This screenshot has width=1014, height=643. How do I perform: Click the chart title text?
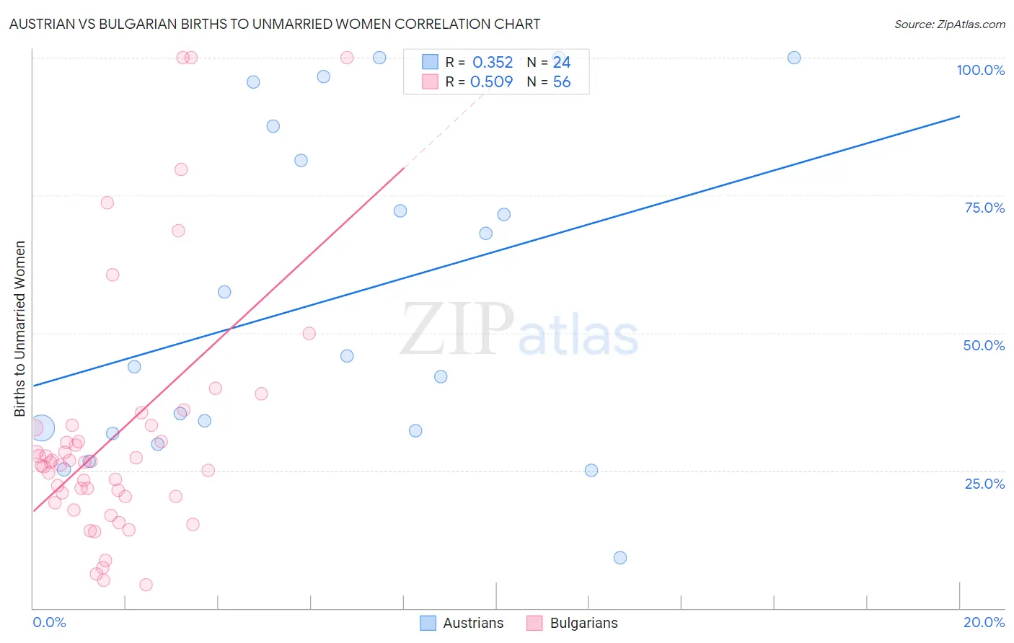click(x=275, y=24)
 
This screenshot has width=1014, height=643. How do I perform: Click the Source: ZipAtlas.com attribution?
click(x=949, y=25)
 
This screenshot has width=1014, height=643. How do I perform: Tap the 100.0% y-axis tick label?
click(x=980, y=70)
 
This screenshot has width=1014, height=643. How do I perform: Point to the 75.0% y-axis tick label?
click(x=984, y=208)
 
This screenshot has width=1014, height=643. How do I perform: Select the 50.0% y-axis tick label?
click(x=984, y=345)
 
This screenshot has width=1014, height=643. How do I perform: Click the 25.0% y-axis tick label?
click(x=984, y=484)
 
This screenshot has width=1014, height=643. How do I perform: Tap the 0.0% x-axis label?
click(x=50, y=622)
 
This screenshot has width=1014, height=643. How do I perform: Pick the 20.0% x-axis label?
click(x=984, y=622)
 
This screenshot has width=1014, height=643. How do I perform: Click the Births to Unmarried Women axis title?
click(x=20, y=329)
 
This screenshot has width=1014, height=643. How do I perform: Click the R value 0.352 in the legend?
click(x=493, y=63)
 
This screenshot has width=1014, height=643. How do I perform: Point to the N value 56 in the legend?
click(x=562, y=82)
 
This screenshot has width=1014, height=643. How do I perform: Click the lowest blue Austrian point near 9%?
click(x=620, y=558)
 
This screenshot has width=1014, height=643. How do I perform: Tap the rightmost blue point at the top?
click(x=794, y=58)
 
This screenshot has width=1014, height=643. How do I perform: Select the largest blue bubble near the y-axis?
click(x=41, y=427)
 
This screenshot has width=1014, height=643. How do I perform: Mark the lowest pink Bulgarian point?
click(x=146, y=585)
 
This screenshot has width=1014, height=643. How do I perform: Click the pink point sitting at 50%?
click(x=309, y=333)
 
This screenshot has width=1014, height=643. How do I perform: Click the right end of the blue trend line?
click(x=959, y=116)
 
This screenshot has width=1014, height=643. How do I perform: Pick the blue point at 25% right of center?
click(x=591, y=471)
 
